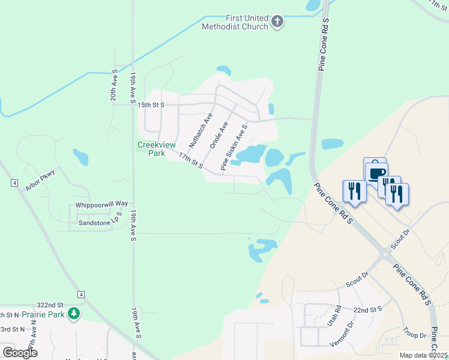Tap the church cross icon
(x=277, y=22)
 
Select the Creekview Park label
(x=151, y=149)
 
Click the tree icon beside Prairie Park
(x=74, y=314)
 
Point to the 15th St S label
(x=150, y=104)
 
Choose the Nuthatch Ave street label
(x=200, y=131)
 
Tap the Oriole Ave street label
(x=218, y=135)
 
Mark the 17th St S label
(x=190, y=159)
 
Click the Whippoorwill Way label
(x=101, y=205)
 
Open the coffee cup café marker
(x=376, y=174)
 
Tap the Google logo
(x=20, y=352)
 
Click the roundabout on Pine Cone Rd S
(x=384, y=255)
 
